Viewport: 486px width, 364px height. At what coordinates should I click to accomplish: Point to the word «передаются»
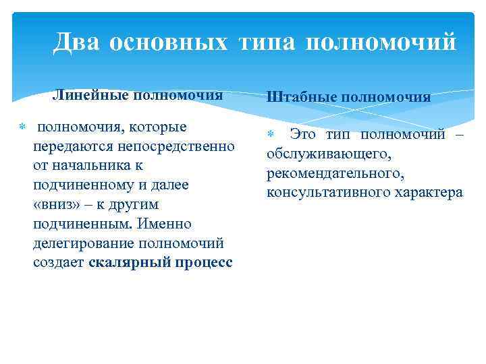[67, 146]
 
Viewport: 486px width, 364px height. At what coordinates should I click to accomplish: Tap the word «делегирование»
[83, 243]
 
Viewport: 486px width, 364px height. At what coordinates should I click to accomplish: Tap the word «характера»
[426, 193]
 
